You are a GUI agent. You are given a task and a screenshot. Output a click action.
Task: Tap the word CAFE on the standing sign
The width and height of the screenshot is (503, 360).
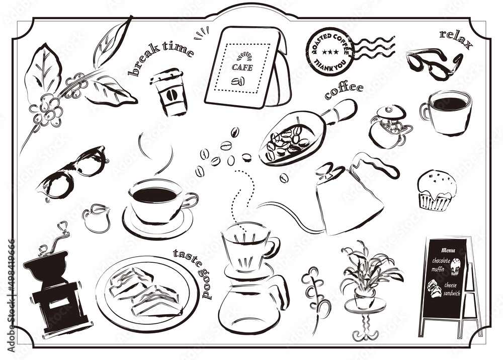(242, 67)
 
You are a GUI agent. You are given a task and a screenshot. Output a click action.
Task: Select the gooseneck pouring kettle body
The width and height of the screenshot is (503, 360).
(350, 204)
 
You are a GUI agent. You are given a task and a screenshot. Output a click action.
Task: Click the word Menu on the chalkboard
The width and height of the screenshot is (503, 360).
(448, 250)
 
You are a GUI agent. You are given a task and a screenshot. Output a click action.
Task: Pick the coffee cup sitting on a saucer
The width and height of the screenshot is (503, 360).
(157, 201)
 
